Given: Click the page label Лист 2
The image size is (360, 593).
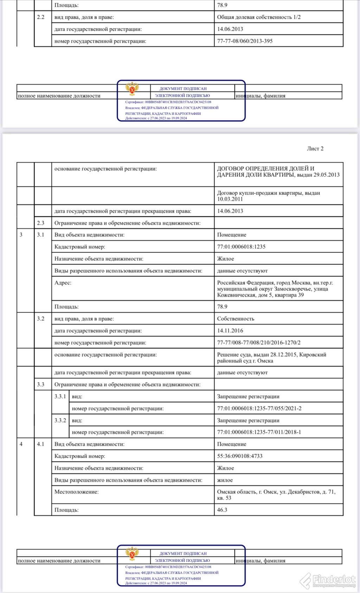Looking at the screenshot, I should (315, 149).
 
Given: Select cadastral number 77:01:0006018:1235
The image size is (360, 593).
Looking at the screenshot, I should (241, 247).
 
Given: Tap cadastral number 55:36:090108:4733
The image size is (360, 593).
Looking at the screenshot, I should (240, 456).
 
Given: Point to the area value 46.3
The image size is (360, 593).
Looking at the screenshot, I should (222, 510).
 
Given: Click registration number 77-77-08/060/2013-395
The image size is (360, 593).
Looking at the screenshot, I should (245, 41).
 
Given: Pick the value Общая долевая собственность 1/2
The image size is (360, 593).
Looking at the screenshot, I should (259, 17).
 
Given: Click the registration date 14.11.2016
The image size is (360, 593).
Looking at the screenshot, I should (230, 331).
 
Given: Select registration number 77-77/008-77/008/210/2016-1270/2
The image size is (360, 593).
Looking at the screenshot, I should (259, 343).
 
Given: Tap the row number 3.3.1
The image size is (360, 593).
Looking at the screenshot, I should (60, 396).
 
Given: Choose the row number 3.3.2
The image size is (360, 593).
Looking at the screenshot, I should (60, 420).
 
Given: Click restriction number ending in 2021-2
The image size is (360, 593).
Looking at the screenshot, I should (259, 408).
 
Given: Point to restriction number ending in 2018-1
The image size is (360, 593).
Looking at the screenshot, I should (259, 432).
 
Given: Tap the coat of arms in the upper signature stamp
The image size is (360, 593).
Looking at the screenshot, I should (132, 89).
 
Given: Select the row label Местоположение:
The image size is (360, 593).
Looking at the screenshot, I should (76, 492).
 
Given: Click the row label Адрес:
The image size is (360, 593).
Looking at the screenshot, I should (63, 283).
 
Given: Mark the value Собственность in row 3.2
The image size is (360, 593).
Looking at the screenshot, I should (236, 319).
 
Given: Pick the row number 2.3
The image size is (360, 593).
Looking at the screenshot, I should (41, 223).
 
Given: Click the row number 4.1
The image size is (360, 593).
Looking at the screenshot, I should (41, 444).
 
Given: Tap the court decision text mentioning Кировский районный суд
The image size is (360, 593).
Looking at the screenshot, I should (271, 358).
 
